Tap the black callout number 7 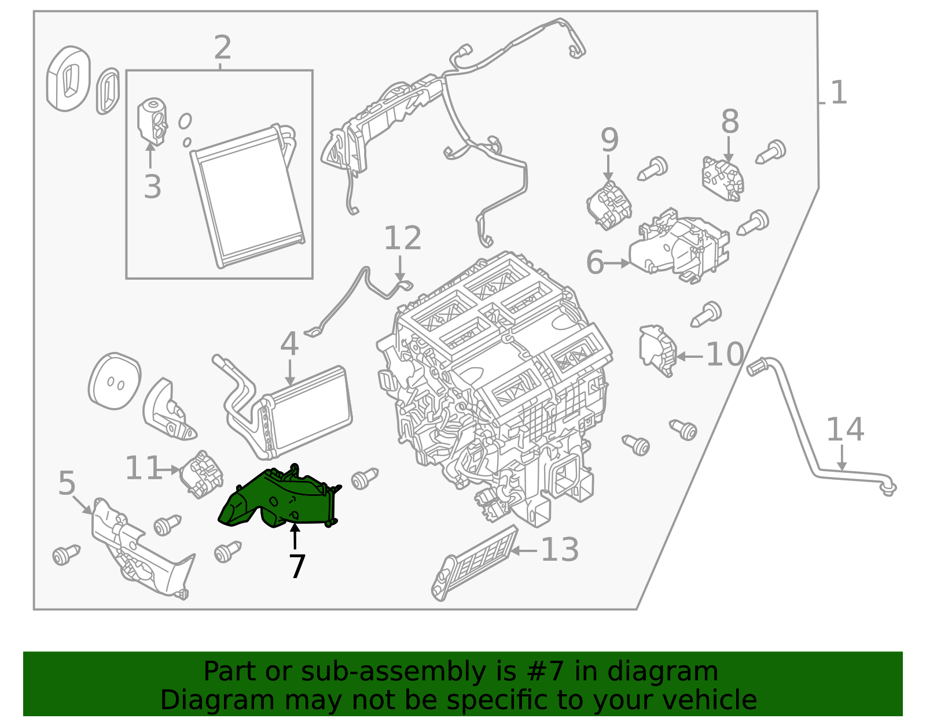[x=297, y=567]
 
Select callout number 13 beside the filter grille [x=559, y=550]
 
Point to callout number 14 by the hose [x=844, y=430]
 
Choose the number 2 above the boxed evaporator [x=222, y=47]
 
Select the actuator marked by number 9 [x=609, y=205]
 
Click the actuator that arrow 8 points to [x=723, y=179]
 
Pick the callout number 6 [x=595, y=263]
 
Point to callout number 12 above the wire [x=402, y=238]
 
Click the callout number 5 [x=67, y=483]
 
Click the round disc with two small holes [x=115, y=382]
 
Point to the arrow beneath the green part [x=295, y=535]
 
